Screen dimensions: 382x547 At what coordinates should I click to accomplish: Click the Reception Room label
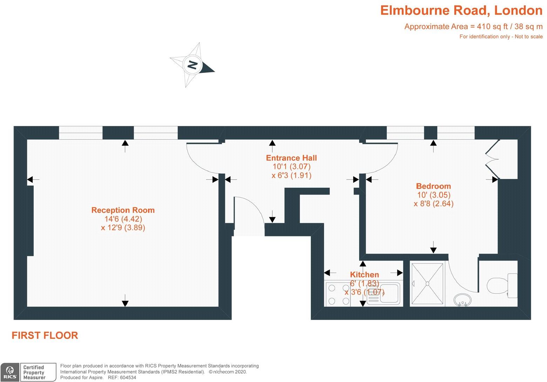[x=123, y=210]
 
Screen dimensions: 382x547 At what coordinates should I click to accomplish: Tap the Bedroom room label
[x=433, y=186]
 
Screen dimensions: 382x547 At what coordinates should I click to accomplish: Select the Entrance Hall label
[x=291, y=158]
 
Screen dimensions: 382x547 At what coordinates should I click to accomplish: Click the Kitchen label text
[x=364, y=275]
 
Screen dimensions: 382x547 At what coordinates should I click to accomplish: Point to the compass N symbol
[x=192, y=65]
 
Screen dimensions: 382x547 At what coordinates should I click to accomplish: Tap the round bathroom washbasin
[x=462, y=300]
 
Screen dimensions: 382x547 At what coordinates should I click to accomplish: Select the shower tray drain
[x=428, y=283]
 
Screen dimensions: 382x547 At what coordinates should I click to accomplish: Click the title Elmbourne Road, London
[x=461, y=11]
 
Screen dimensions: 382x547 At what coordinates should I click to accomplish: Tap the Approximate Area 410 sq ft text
[x=473, y=27]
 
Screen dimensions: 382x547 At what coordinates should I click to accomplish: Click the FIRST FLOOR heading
[x=45, y=335]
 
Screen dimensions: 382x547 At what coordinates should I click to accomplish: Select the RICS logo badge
[x=10, y=372]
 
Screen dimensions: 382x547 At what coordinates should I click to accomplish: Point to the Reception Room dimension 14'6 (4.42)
[x=123, y=219]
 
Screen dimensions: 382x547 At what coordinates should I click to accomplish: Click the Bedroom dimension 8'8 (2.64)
[x=434, y=203]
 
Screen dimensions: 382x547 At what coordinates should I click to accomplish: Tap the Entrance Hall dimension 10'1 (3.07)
[x=292, y=167]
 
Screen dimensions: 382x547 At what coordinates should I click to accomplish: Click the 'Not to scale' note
[x=528, y=36]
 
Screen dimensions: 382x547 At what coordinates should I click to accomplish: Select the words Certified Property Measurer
[x=34, y=372]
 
